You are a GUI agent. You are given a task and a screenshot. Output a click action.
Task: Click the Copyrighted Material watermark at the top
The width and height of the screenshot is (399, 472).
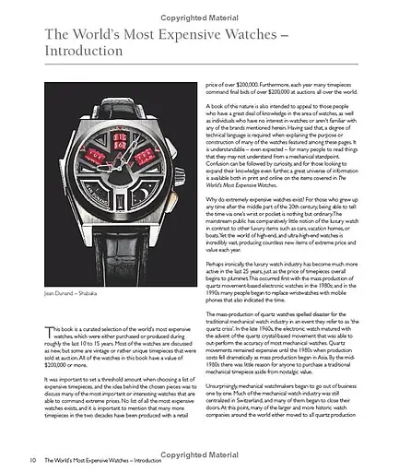point(201,7)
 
